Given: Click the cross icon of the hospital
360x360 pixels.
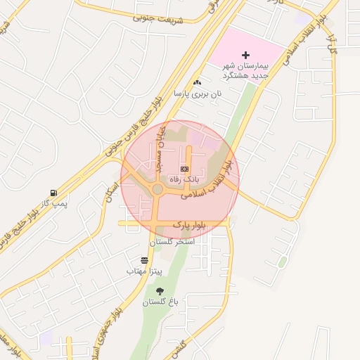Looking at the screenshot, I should [245, 55].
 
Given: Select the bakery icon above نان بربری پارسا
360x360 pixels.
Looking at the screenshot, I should [197, 83].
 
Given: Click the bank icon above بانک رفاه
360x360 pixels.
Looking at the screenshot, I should [185, 169].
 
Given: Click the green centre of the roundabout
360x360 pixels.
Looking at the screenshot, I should [157, 189].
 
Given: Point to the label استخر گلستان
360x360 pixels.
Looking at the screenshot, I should [172, 241].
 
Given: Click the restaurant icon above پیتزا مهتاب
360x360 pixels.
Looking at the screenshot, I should [144, 260].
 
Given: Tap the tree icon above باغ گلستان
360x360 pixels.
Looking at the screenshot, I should [160, 291].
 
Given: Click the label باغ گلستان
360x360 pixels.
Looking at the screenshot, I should [161, 302].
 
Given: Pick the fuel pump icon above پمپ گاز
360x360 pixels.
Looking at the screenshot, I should [53, 193].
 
